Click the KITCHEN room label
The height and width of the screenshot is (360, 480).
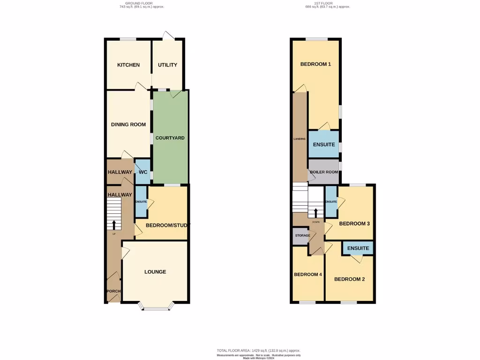click(x=128, y=65)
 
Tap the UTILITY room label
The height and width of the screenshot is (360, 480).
click(x=167, y=65)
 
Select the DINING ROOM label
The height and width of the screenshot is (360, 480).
click(x=128, y=125)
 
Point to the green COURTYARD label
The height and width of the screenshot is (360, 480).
click(x=170, y=138)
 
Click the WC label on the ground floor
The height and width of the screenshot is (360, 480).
click(x=142, y=172)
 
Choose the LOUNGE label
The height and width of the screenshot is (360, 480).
click(x=155, y=272)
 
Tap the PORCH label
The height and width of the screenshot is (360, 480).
click(x=113, y=291)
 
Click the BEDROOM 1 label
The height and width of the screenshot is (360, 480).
click(x=315, y=64)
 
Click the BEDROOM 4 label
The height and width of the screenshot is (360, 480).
click(x=307, y=275)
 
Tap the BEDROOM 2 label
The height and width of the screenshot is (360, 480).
click(x=349, y=279)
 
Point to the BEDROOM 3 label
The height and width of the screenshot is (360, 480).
click(x=354, y=224)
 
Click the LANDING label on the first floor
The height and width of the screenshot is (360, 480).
click(x=300, y=139)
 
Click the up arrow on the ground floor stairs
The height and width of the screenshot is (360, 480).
click(x=114, y=224)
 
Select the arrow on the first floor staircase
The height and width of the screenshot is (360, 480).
click(x=315, y=213)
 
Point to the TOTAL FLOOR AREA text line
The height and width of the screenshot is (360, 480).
click(x=258, y=350)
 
